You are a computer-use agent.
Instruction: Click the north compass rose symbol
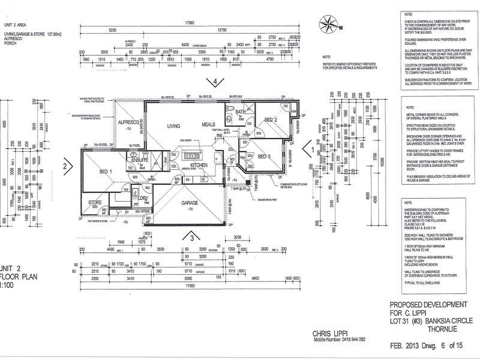329,25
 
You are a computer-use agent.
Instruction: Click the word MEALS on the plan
208,124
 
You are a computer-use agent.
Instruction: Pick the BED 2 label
271,120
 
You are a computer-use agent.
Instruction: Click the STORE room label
95,203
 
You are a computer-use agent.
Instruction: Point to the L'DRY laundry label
143,198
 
